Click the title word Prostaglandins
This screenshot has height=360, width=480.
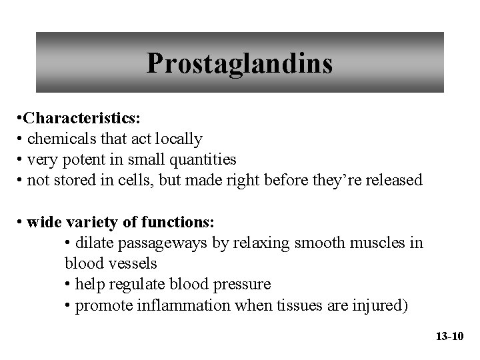(239, 63)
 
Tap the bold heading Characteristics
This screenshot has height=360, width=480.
(79, 119)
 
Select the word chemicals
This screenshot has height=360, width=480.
(59, 139)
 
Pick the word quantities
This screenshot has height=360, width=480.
(203, 159)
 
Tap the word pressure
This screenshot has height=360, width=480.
(240, 284)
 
